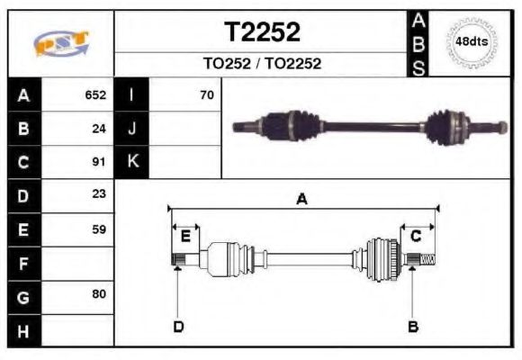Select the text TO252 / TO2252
pos(262,64)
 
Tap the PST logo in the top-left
pos(61,42)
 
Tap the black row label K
pos(132,162)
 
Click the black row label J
pos(132,129)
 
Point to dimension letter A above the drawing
pos(302,200)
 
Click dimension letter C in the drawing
pos(416,236)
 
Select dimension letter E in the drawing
pos(185,236)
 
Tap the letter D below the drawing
pos(178,326)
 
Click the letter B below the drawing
pos(413,326)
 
